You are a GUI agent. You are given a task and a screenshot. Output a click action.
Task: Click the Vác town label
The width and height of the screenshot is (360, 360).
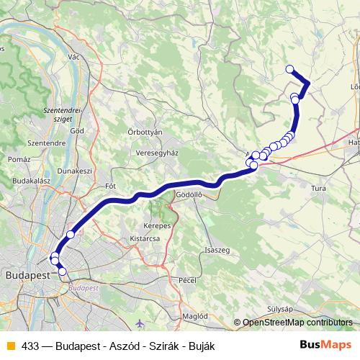point(72,56)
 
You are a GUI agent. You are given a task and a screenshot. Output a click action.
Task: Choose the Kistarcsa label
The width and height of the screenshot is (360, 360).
point(144,238)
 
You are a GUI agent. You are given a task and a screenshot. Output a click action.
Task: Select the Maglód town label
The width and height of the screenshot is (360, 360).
point(196,315)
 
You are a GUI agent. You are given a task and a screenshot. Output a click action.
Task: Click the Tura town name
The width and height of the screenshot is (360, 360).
point(318,189)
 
